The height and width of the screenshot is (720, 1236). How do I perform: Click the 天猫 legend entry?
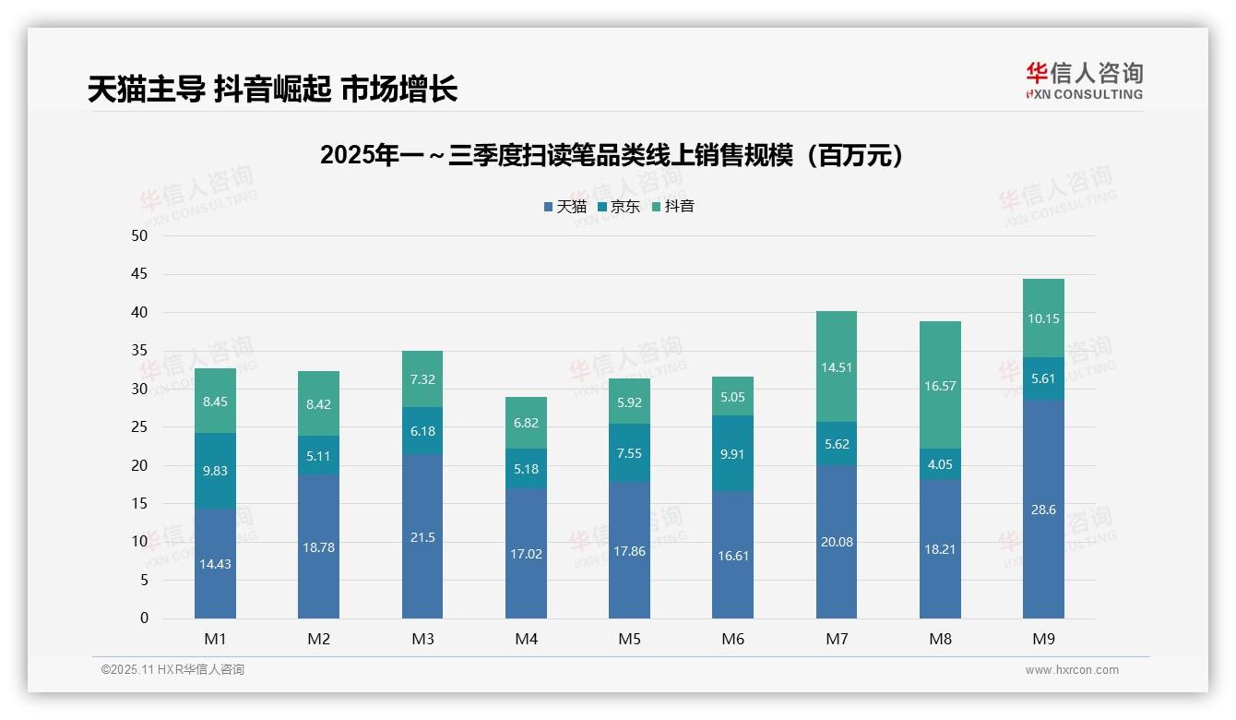point(565,207)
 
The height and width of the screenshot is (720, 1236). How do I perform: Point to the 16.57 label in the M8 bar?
point(940,386)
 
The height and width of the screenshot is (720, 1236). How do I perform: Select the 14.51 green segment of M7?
point(837,367)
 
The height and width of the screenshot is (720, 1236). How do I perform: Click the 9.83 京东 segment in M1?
point(215,471)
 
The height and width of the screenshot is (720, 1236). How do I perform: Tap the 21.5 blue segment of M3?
point(422,537)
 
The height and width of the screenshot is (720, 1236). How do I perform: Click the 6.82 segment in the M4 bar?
point(526,423)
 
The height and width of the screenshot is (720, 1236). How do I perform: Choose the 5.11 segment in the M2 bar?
point(318,455)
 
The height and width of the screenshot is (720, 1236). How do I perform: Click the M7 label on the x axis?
point(837,639)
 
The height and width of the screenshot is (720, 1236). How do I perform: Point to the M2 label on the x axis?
point(318,639)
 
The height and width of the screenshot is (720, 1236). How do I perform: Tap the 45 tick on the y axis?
point(139,274)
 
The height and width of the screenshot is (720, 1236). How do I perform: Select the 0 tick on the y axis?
point(144,618)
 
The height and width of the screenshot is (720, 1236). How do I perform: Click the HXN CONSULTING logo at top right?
point(1084,80)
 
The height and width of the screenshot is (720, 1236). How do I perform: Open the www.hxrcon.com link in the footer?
point(1072,670)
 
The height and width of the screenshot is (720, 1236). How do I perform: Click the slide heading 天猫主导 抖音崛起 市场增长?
point(272,90)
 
